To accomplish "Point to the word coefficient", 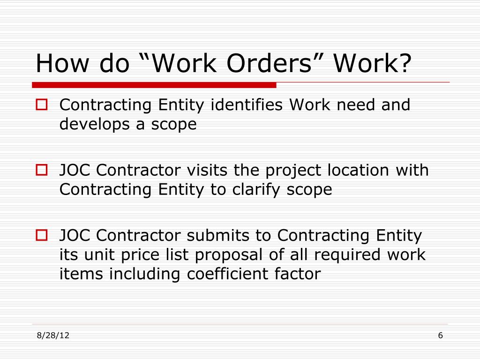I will pos(233,274).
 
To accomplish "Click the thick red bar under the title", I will pos(154,85).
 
